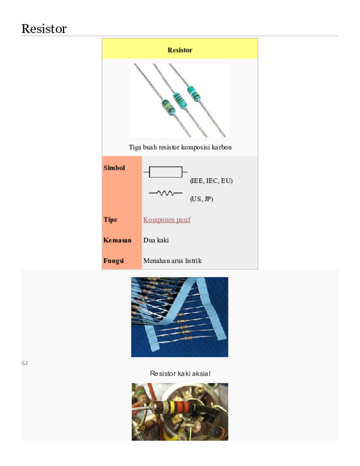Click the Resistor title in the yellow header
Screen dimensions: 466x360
180,50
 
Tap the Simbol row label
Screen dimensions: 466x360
114,168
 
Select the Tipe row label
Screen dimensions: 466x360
110,220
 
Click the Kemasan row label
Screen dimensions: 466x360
117,240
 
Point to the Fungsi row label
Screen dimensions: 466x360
113,261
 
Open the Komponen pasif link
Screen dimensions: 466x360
167,220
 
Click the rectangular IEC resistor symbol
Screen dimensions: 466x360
165,172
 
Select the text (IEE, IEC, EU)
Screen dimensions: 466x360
211,181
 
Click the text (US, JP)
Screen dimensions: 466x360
202,199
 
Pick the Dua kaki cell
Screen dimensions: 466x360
156,240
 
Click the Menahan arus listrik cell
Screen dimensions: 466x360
173,261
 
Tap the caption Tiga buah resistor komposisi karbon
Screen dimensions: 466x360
180,147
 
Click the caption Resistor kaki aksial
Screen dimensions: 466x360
180,374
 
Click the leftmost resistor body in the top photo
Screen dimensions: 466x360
167,107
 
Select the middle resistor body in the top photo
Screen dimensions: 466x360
179,99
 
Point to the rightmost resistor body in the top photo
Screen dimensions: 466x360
193,92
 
